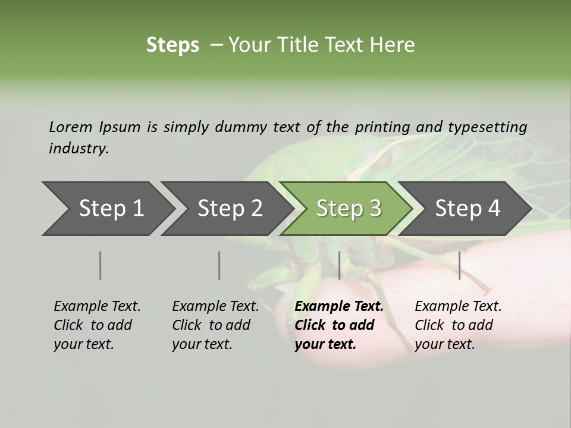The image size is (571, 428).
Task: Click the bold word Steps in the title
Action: [x=172, y=45]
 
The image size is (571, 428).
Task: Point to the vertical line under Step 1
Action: [x=101, y=265]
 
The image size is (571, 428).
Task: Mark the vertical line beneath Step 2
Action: [x=219, y=265]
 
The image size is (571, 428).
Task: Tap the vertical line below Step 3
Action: [x=340, y=265]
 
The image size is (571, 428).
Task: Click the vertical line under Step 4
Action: [x=460, y=265]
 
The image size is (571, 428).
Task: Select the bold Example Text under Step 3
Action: [x=339, y=325]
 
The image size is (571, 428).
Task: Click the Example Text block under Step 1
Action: [x=97, y=325]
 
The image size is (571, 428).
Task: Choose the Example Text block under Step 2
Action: [x=215, y=325]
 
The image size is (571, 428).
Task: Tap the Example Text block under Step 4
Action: [x=458, y=325]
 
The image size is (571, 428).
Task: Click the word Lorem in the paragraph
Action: [x=70, y=127]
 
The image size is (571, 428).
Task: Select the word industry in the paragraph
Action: [x=78, y=149]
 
